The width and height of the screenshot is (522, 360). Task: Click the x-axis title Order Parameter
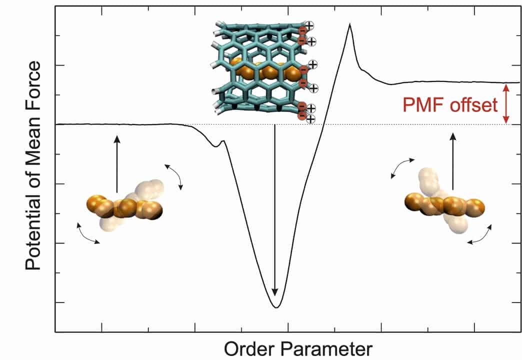tap(298, 348)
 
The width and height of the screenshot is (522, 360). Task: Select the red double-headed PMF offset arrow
tap(506, 103)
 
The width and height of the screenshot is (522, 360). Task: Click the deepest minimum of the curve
tap(276, 306)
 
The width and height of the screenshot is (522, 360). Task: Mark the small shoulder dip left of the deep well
tap(216, 145)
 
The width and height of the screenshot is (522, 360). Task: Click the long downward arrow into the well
tap(274, 210)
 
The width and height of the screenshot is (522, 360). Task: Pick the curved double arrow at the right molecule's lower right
tap(479, 235)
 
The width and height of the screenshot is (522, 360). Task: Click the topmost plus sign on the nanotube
tap(309, 25)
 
